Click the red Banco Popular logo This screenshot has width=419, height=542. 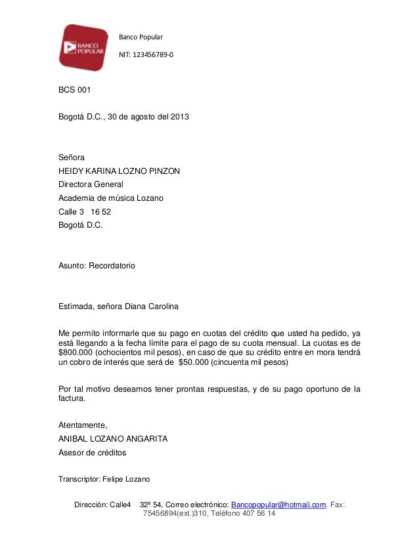coord(83,47)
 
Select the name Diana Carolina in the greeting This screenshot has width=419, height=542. coord(154,306)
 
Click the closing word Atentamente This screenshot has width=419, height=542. coord(83,425)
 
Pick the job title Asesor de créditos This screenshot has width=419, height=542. coord(93,452)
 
